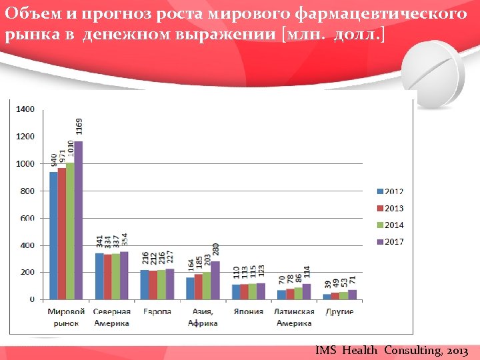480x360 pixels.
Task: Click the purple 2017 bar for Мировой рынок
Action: coord(79,220)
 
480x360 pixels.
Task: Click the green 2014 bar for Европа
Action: coord(161,285)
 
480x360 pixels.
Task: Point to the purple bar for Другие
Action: coord(352,295)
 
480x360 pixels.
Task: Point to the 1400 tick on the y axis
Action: coord(25,109)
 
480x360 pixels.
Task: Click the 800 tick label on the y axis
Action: coord(27,191)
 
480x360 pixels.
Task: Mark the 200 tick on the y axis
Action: coord(27,272)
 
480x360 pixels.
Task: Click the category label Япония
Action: coord(247,311)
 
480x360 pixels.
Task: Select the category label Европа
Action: coord(157,311)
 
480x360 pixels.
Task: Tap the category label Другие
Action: coord(339,311)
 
